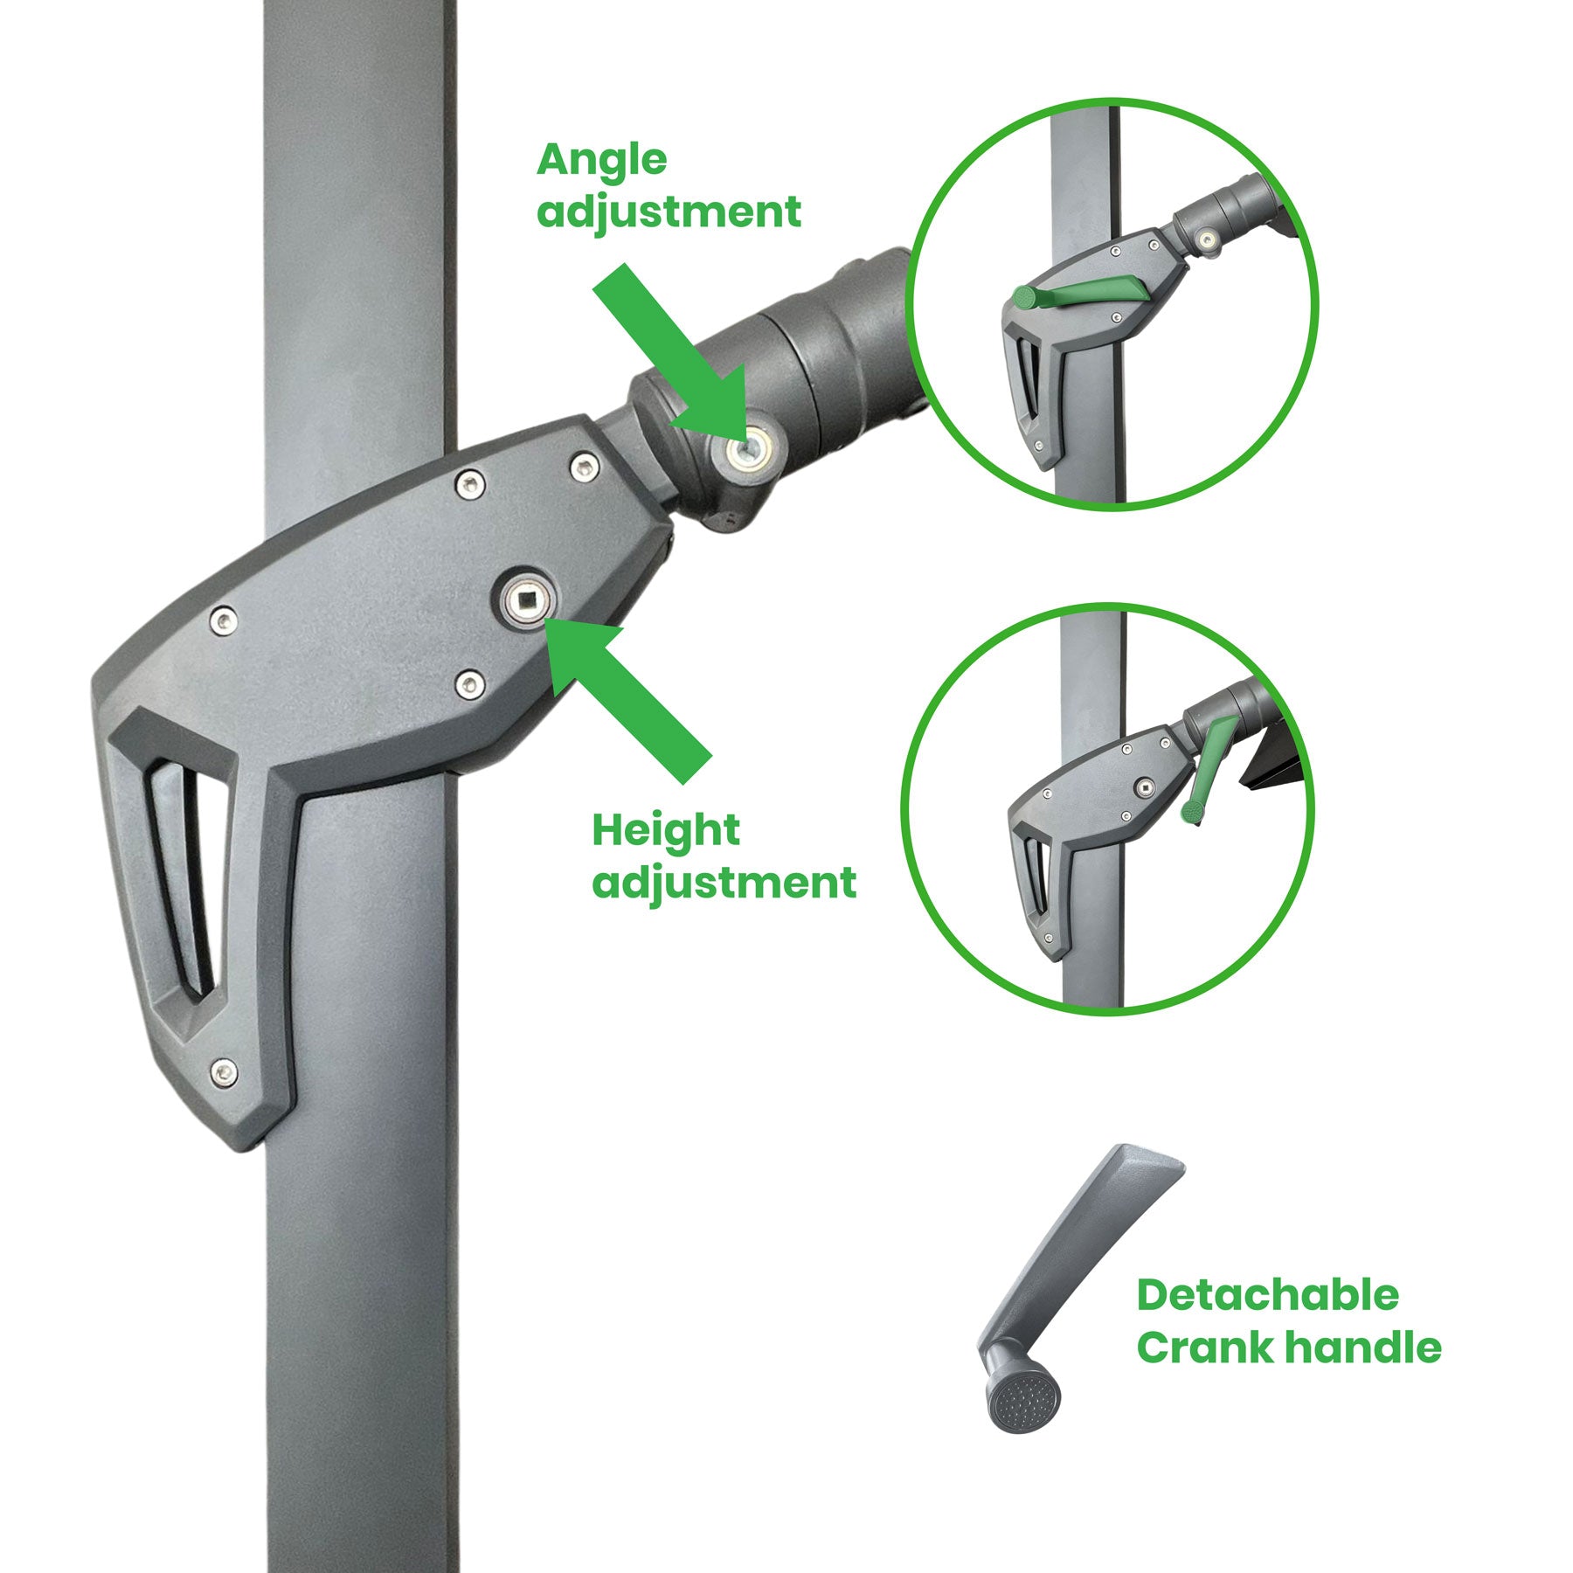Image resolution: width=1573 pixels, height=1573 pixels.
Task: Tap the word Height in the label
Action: point(666,830)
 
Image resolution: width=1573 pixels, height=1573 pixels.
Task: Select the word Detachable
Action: point(1267,1294)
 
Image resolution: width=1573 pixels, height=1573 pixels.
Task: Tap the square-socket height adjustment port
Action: point(523,599)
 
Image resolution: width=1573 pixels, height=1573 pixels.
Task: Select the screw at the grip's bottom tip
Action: point(225,1072)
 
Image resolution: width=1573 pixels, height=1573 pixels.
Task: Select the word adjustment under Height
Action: point(724,884)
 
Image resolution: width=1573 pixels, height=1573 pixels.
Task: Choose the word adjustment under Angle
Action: point(669,212)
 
